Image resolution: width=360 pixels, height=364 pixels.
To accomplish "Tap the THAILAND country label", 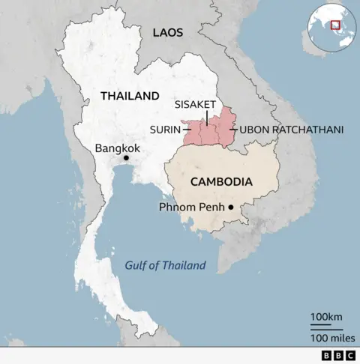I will pyautogui.click(x=130, y=96).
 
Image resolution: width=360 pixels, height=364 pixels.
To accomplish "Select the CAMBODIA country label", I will pyautogui.click(x=220, y=181).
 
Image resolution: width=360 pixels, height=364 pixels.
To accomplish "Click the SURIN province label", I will pyautogui.click(x=165, y=130).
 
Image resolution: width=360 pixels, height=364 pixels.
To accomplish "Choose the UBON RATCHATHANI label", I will pyautogui.click(x=292, y=130).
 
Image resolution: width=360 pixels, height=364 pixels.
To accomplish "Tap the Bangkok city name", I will pyautogui.click(x=118, y=148).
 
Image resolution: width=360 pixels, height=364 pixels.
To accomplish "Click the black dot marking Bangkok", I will pyautogui.click(x=127, y=158).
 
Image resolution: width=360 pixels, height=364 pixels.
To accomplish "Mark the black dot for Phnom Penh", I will pyautogui.click(x=231, y=207).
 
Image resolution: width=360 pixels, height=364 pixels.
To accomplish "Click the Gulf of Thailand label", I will pyautogui.click(x=165, y=265).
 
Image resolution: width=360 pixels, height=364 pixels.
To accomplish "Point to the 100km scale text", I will pyautogui.click(x=327, y=318).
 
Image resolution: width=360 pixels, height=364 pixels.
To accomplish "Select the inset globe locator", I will pyautogui.click(x=331, y=30).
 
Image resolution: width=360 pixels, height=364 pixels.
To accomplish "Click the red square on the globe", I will pyautogui.click(x=335, y=25).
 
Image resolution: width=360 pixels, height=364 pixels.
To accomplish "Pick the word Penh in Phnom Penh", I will pyautogui.click(x=212, y=207).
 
